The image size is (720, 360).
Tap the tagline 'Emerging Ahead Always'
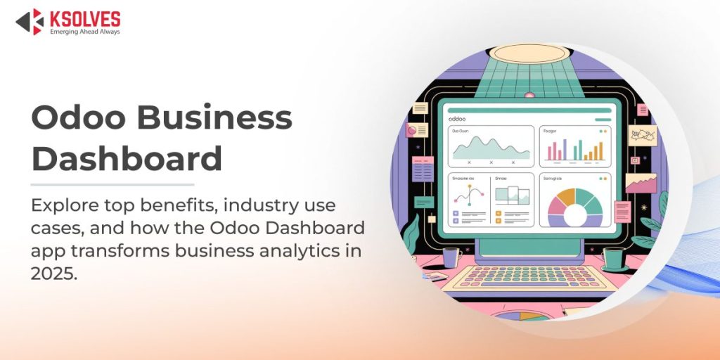pos(85,32)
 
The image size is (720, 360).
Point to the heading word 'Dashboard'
pos(127,158)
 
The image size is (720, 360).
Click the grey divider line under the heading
pos(112,184)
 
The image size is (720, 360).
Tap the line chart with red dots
pos(467,200)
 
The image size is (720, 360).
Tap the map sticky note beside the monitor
pos(641,136)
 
